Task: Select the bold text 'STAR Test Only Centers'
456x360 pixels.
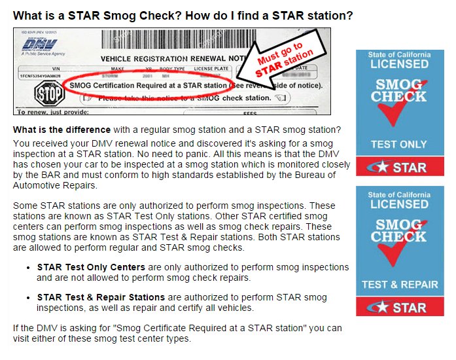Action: [92, 268]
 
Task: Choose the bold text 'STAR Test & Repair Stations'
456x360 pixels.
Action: [101, 298]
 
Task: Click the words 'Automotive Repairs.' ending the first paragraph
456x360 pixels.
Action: [55, 186]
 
